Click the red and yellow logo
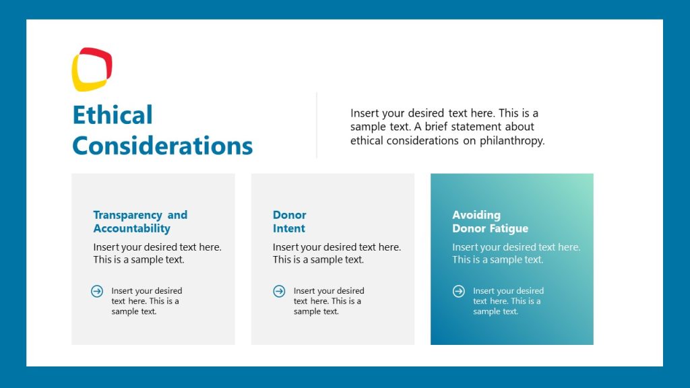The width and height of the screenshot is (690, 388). click(92, 69)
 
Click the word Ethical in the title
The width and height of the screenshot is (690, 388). click(113, 115)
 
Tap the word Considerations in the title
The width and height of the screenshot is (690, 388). click(162, 145)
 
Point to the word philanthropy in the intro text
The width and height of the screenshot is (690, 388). click(513, 141)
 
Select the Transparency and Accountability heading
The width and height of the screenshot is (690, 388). click(140, 222)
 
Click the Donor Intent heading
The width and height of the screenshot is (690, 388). click(289, 222)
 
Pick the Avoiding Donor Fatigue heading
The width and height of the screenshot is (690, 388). click(490, 222)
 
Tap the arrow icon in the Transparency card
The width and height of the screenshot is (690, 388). click(97, 291)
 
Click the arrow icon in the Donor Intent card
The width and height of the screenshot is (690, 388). click(279, 291)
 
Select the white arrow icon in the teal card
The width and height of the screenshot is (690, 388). click(458, 291)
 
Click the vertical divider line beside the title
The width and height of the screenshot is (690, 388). click(317, 125)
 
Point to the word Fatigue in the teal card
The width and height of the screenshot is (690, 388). click(509, 228)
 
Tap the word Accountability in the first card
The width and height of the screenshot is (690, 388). click(131, 228)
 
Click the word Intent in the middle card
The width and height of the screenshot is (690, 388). click(289, 228)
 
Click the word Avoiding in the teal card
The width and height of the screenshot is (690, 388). click(476, 215)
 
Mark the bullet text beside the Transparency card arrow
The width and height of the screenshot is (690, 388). click(146, 301)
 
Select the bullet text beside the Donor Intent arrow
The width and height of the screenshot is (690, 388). click(328, 301)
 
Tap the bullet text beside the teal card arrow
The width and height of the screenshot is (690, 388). click(507, 301)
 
